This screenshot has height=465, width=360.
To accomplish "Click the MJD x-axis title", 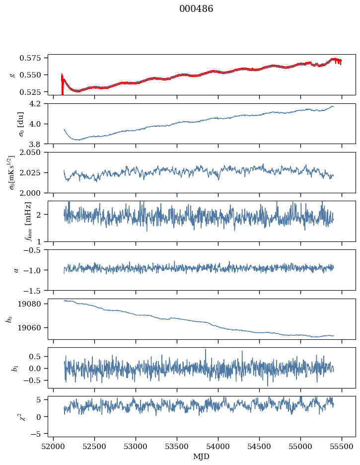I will (x=201, y=456).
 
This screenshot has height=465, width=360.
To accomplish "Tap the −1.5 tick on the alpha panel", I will (x=35, y=290).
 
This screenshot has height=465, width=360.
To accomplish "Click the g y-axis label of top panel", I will (x=12, y=75).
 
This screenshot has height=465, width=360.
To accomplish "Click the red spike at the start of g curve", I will (x=62, y=84).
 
